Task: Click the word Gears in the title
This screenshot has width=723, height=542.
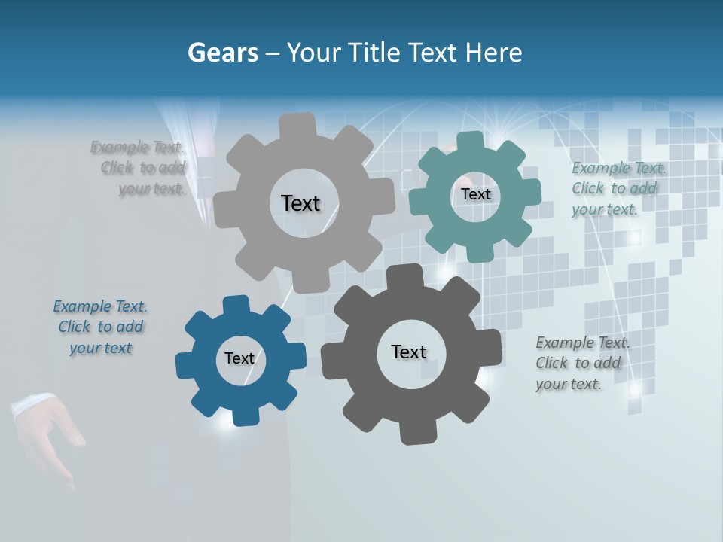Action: (x=222, y=53)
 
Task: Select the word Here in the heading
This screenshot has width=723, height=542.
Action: (x=494, y=53)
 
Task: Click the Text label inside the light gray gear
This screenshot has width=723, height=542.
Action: (x=300, y=203)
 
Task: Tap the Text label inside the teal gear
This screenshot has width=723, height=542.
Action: (x=475, y=194)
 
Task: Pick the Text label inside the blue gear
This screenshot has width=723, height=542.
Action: (x=239, y=358)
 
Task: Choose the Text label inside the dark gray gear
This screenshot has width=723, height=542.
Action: (x=409, y=352)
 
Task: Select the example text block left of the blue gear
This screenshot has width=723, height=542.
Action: (x=100, y=327)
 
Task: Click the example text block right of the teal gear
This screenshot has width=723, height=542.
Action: (x=618, y=188)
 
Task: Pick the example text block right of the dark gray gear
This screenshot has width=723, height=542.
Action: (x=583, y=363)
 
